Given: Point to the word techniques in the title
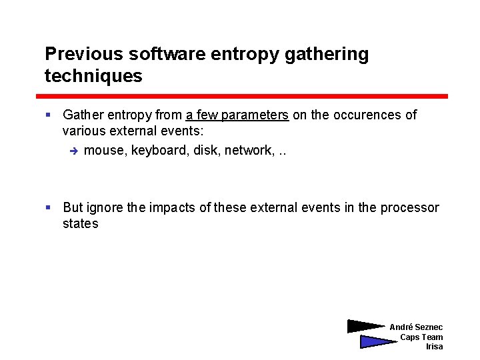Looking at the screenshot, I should point(93,76).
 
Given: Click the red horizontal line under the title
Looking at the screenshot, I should point(246,96).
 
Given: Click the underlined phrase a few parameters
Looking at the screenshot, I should point(237,115).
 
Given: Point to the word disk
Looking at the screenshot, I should point(206,150).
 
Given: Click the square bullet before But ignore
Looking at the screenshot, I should point(49,207).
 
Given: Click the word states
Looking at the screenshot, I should point(80,223).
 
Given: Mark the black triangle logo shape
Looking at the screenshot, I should point(363,326).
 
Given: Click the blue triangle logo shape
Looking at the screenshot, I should point(375,341).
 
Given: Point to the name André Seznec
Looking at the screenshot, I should point(416,327).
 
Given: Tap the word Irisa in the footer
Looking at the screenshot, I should point(434,347).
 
